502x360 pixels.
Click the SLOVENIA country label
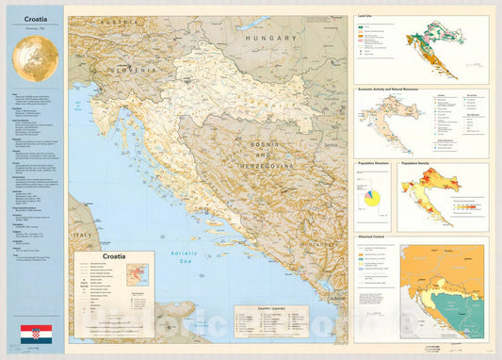point(133,69)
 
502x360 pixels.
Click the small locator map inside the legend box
point(138,276)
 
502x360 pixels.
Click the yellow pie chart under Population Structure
point(374,200)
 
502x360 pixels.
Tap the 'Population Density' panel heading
point(422,163)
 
